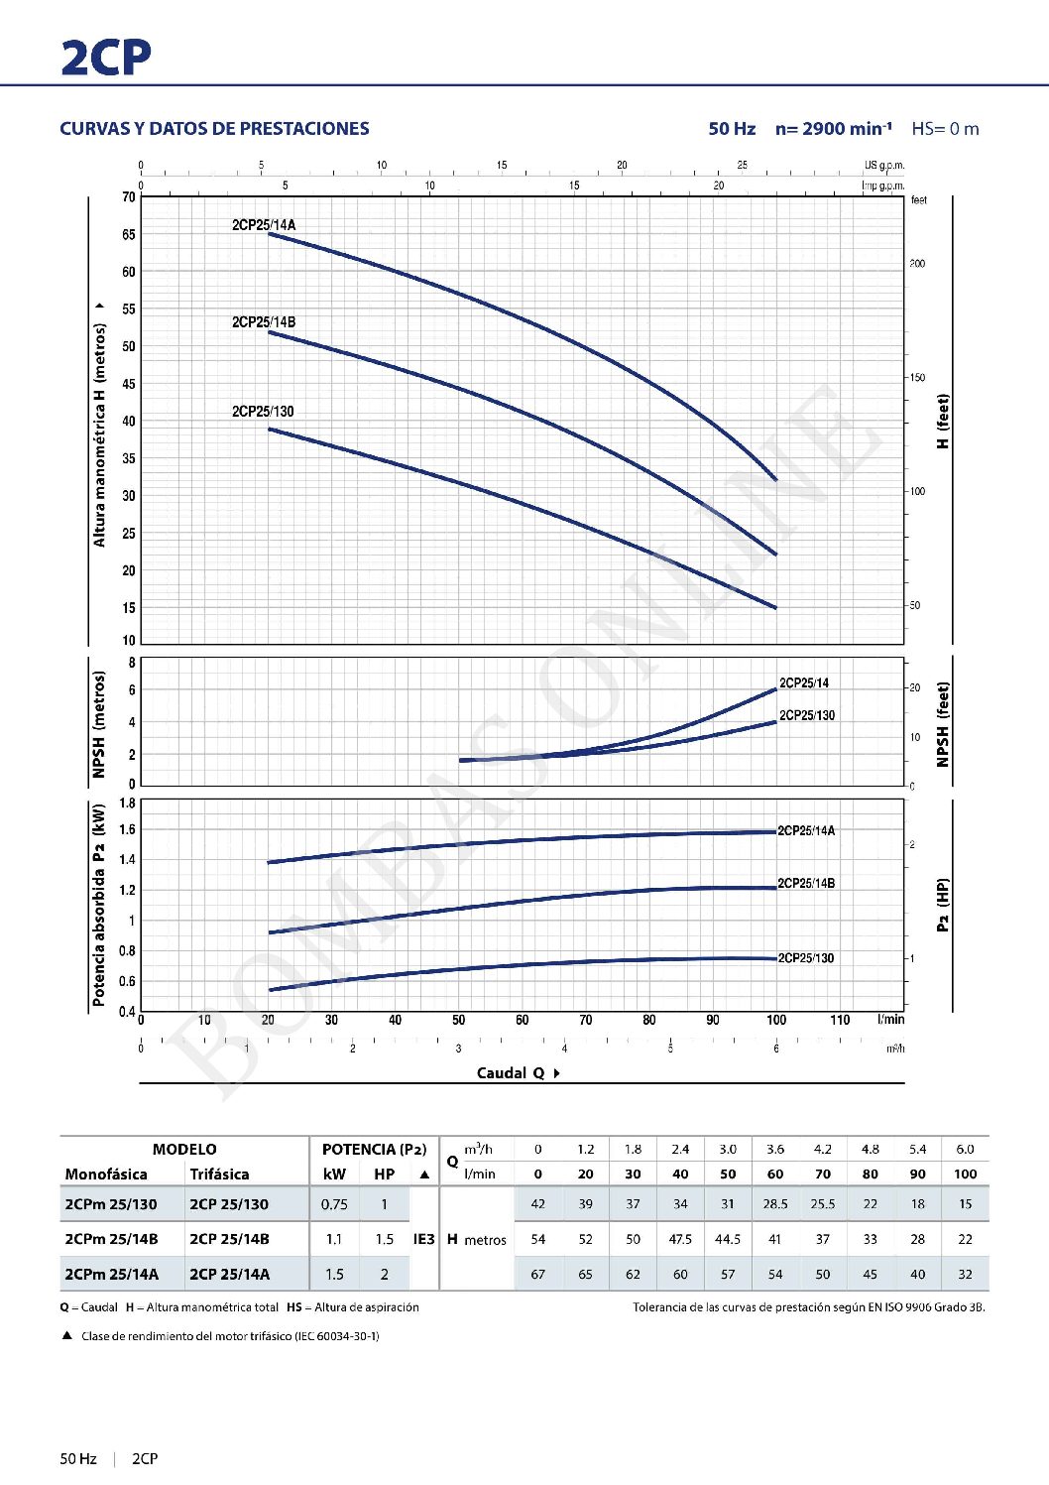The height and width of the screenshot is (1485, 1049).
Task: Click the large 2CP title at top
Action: tap(105, 58)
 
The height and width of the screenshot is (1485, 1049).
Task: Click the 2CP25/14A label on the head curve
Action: tap(264, 225)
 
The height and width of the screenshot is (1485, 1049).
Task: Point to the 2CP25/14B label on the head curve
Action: tap(264, 322)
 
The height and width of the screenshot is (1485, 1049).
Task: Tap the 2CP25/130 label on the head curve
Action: tap(263, 412)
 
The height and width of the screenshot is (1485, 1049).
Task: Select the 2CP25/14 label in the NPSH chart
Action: tap(804, 683)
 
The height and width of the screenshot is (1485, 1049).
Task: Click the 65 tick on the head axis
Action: tap(129, 235)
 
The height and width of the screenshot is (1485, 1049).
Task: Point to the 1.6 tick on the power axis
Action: tap(127, 830)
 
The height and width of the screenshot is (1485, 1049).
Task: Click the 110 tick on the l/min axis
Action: tap(840, 1020)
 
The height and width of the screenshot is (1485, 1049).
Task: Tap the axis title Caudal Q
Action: tap(512, 1073)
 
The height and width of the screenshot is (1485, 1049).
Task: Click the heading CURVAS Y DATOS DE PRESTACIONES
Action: tap(214, 129)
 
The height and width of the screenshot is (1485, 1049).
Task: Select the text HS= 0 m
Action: tap(945, 129)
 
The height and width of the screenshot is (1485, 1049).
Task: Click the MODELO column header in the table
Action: tap(184, 1150)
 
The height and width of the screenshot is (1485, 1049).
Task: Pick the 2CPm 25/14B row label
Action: tap(111, 1239)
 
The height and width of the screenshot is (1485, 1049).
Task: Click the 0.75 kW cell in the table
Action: tap(334, 1204)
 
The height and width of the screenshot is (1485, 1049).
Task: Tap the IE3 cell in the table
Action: tap(423, 1239)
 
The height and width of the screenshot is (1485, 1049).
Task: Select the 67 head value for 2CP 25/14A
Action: tap(538, 1274)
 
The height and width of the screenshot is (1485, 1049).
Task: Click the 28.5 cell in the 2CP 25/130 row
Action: tap(775, 1204)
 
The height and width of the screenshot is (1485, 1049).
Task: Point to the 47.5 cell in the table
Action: tap(680, 1239)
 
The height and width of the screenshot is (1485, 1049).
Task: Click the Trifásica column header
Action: tap(219, 1175)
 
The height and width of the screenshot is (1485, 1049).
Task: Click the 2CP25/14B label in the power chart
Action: tap(806, 884)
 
